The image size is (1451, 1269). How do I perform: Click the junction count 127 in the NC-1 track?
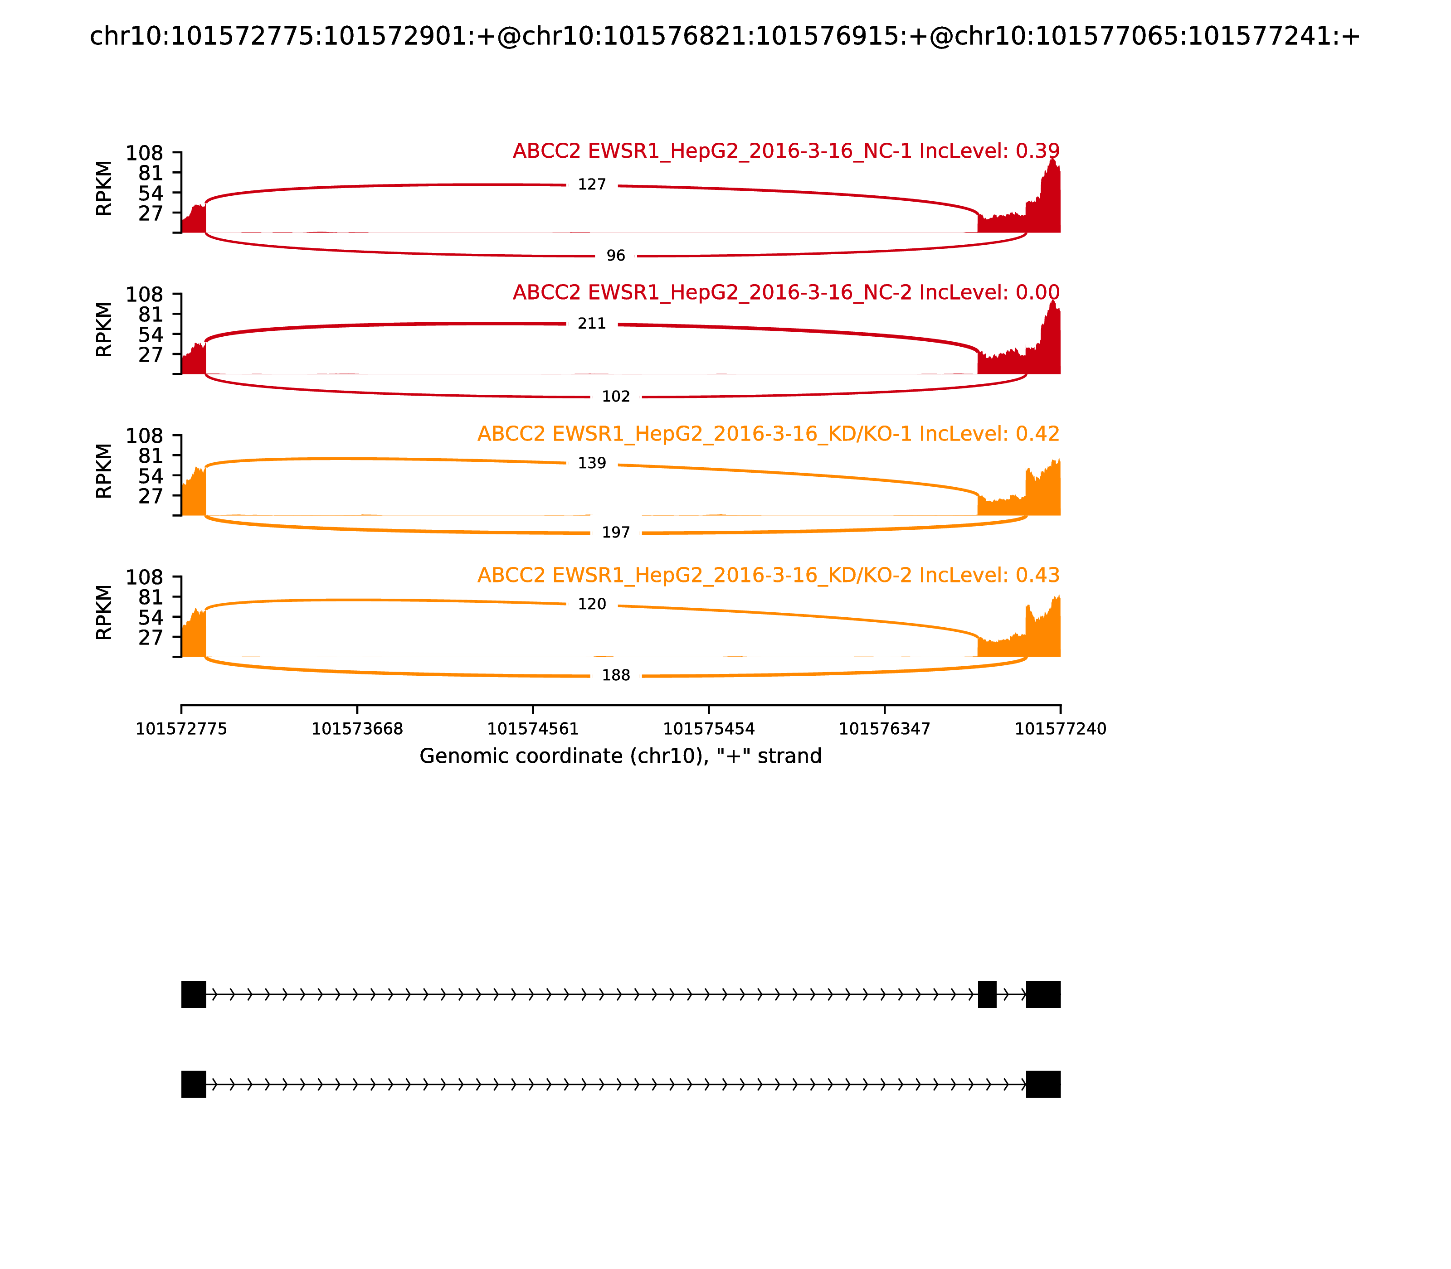pyautogui.click(x=592, y=185)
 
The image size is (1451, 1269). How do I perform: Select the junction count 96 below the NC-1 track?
pyautogui.click(x=616, y=256)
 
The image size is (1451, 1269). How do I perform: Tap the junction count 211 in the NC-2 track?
pyautogui.click(x=592, y=324)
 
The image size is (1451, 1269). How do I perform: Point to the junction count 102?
pyautogui.click(x=616, y=397)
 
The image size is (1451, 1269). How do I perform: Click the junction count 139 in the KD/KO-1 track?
pyautogui.click(x=592, y=463)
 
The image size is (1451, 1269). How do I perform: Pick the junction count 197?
pyautogui.click(x=616, y=533)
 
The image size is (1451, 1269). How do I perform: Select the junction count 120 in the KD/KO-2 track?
pyautogui.click(x=592, y=604)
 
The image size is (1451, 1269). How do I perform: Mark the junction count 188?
pyautogui.click(x=616, y=676)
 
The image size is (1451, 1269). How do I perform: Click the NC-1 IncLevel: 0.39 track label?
pyautogui.click(x=786, y=151)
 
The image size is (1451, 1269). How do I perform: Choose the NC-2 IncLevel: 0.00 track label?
pyautogui.click(x=786, y=292)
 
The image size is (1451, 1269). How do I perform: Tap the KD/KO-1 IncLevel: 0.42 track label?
pyautogui.click(x=768, y=434)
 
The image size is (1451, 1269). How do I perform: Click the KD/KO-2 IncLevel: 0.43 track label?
pyautogui.click(x=768, y=575)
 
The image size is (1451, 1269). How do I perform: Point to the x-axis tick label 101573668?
pyautogui.click(x=357, y=729)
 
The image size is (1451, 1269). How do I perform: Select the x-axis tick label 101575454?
pyautogui.click(x=708, y=729)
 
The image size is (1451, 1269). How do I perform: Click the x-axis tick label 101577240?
pyautogui.click(x=1060, y=729)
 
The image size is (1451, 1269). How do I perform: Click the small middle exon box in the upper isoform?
pyautogui.click(x=987, y=994)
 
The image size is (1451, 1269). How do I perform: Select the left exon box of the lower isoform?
pyautogui.click(x=194, y=1084)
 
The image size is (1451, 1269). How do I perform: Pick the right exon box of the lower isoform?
pyautogui.click(x=1043, y=1084)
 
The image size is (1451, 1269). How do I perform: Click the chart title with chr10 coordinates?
pyautogui.click(x=724, y=36)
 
